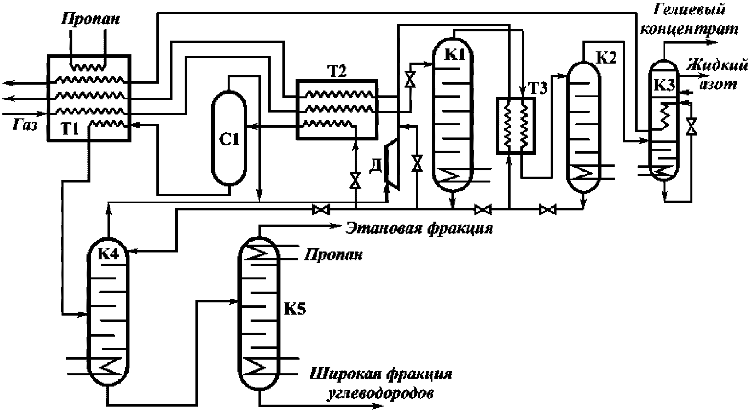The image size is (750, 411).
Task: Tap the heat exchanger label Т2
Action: [x=336, y=71]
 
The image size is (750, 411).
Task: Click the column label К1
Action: [x=453, y=54]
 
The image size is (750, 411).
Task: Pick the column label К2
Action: [x=607, y=57]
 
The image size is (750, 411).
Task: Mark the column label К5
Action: [x=295, y=309]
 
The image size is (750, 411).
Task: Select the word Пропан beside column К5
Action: [x=334, y=255]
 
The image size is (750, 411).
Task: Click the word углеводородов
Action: [x=379, y=393]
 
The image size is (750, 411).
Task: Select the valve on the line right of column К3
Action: [x=691, y=126]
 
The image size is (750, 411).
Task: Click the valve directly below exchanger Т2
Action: [x=356, y=182]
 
